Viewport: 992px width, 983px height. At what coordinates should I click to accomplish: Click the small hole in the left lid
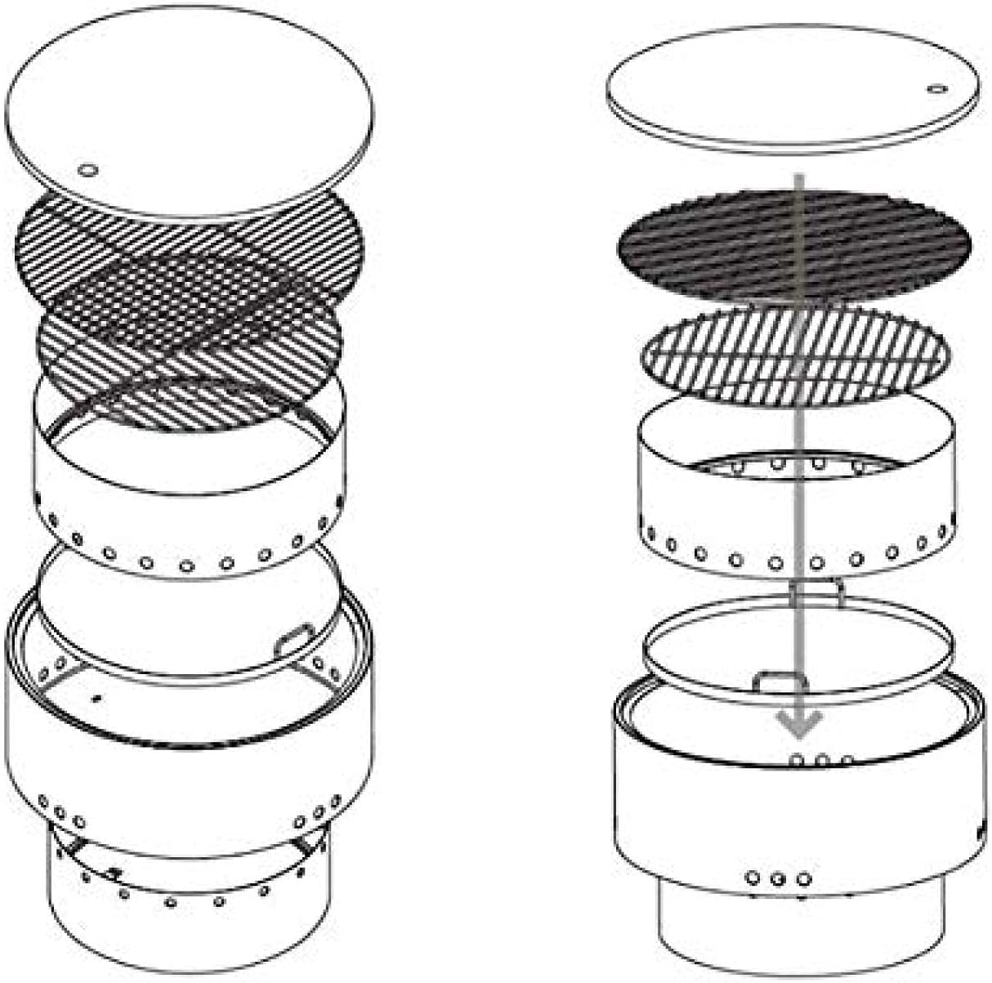coord(87,170)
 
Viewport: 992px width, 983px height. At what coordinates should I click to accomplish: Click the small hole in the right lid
coord(936,88)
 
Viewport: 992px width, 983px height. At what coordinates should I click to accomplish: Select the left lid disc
coord(188,106)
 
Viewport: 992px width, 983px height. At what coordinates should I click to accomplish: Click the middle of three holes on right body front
coord(777,879)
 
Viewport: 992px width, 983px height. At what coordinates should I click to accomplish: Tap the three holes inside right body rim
coord(820,761)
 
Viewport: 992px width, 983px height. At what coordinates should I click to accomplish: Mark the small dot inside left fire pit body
coord(97,698)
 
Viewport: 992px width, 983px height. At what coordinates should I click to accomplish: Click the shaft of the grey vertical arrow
coord(798,490)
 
